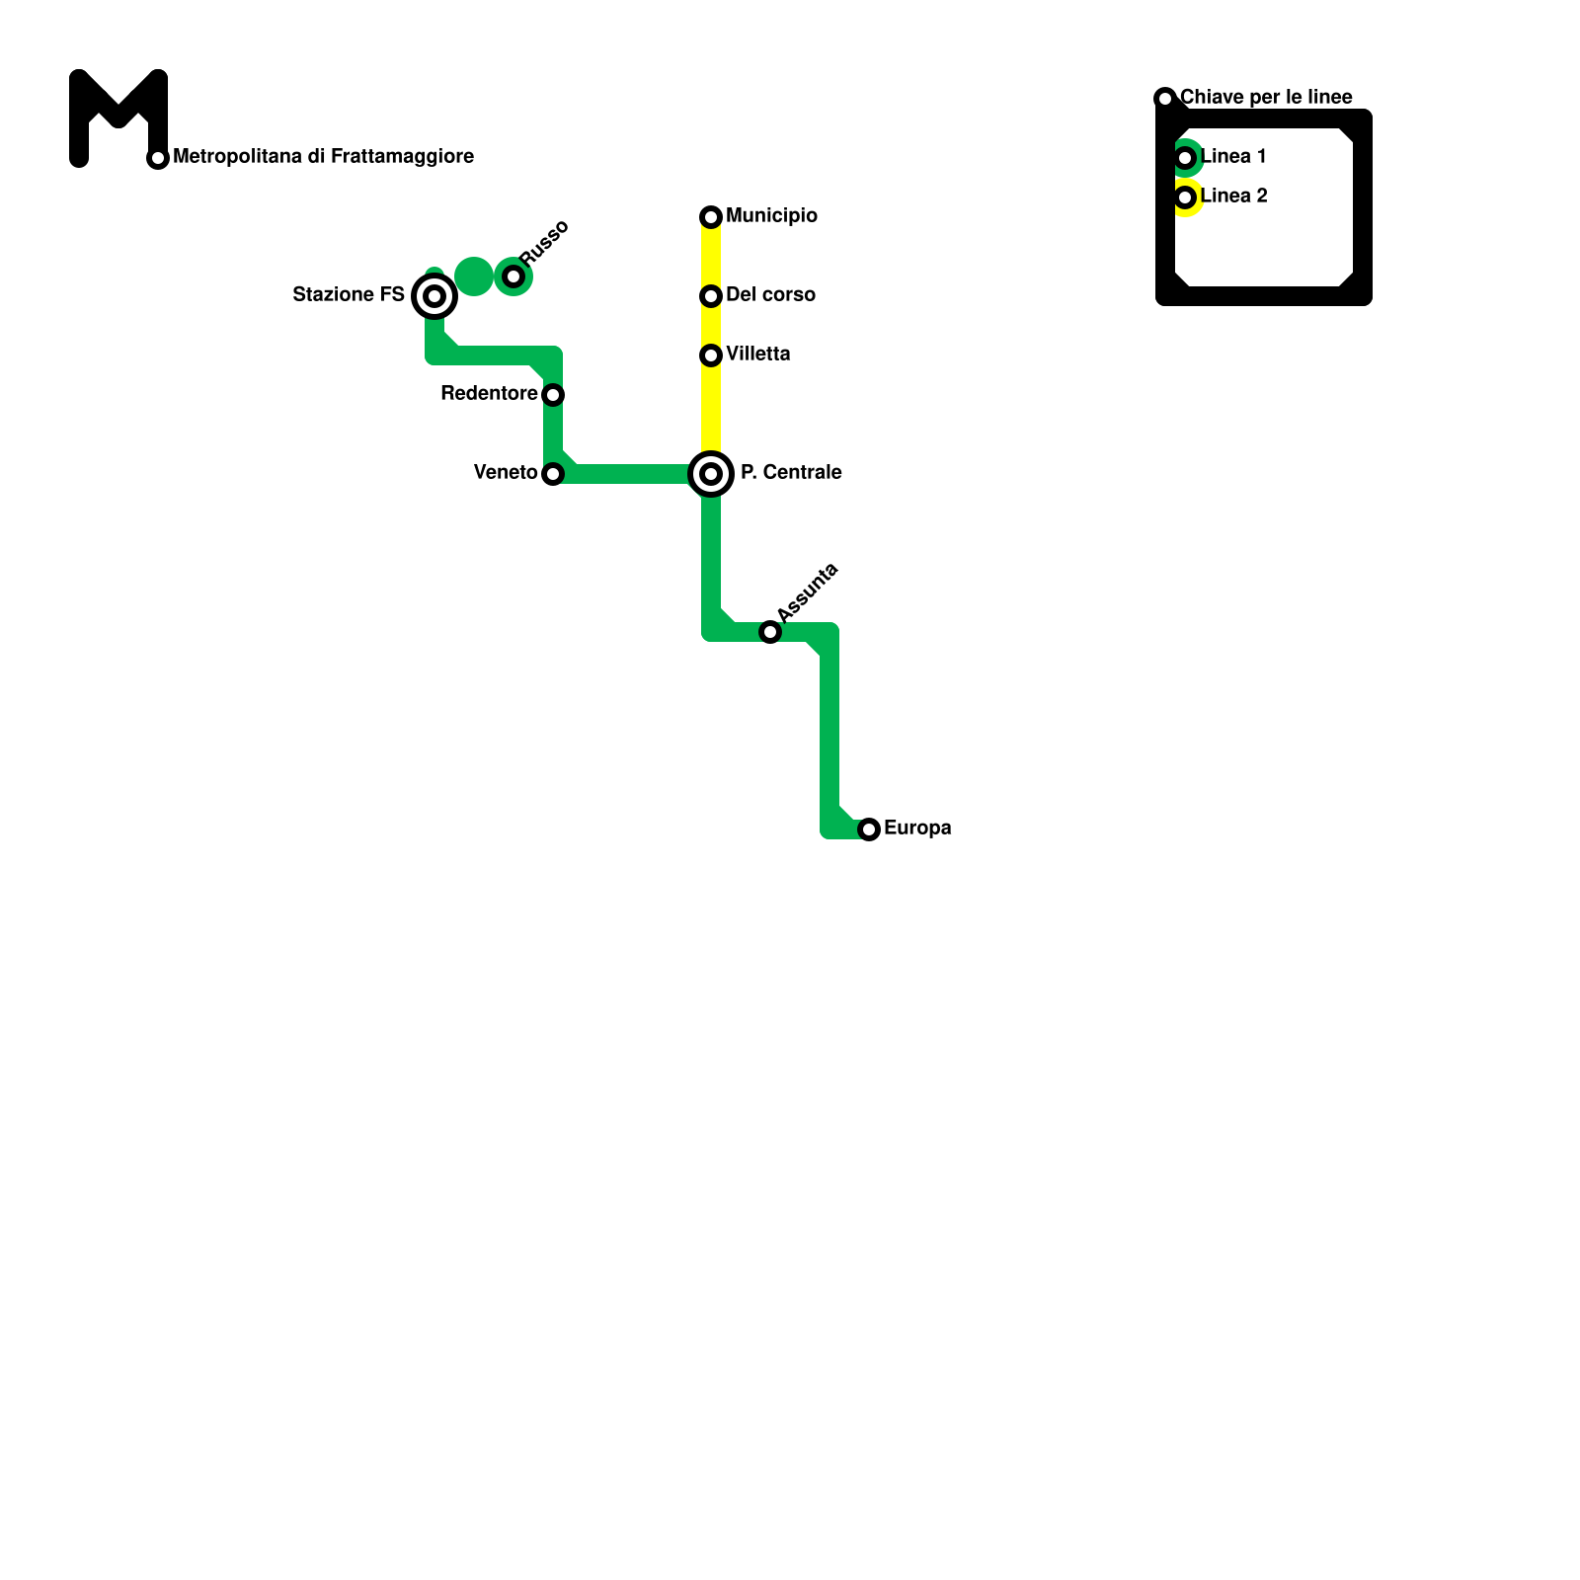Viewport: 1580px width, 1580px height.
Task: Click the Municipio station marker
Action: [x=711, y=217]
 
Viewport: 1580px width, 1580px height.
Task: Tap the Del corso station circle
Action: [x=711, y=296]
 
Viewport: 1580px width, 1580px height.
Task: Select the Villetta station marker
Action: [x=711, y=355]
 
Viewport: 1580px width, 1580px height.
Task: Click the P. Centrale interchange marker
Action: [x=711, y=474]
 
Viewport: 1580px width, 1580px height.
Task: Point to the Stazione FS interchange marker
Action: [x=434, y=296]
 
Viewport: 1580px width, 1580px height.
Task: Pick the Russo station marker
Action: [x=513, y=276]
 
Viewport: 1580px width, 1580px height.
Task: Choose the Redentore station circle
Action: [x=553, y=395]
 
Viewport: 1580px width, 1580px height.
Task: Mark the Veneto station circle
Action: [x=553, y=474]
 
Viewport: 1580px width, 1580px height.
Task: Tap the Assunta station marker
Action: [x=770, y=632]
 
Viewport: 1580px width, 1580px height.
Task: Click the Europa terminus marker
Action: [x=869, y=829]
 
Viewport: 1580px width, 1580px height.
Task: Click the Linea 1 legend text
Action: [x=1233, y=157]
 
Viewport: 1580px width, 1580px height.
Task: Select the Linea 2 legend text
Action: [x=1233, y=197]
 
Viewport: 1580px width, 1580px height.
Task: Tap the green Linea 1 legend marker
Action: [x=1186, y=158]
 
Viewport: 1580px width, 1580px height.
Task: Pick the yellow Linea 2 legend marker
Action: [x=1186, y=197]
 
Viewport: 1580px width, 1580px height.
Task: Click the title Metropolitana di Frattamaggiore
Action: [x=323, y=157]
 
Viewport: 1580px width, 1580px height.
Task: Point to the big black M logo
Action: [x=118, y=117]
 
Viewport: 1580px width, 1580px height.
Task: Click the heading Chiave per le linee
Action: [x=1266, y=98]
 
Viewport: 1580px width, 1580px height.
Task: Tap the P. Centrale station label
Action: [x=791, y=473]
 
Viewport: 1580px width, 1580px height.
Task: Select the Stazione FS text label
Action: [x=349, y=295]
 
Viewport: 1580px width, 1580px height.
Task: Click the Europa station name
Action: [x=917, y=829]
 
